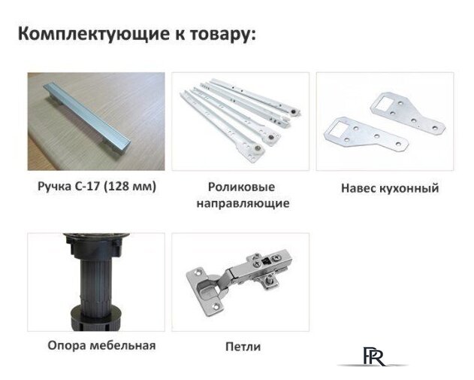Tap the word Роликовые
click(240, 187)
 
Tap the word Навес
click(355, 187)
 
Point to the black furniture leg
click(93, 281)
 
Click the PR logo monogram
click(373, 355)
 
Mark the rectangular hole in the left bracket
click(336, 127)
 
